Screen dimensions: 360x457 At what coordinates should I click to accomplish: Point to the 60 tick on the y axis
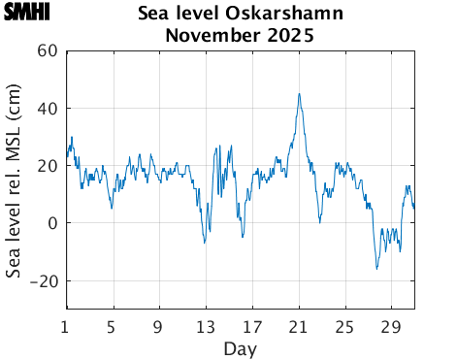pyautogui.click(x=47, y=51)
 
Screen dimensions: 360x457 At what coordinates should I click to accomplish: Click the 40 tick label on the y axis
pyautogui.click(x=47, y=109)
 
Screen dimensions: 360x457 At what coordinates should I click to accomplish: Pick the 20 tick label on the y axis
pyautogui.click(x=47, y=166)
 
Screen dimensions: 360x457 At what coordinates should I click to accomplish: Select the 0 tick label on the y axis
pyautogui.click(x=51, y=223)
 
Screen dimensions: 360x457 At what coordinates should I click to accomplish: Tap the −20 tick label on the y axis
pyautogui.click(x=42, y=280)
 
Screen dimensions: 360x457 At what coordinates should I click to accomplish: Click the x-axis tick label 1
pyautogui.click(x=66, y=325)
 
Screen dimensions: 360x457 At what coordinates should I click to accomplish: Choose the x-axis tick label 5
pyautogui.click(x=113, y=325)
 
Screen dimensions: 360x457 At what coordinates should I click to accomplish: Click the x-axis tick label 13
pyautogui.click(x=206, y=325)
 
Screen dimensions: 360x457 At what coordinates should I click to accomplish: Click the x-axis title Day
pyautogui.click(x=240, y=347)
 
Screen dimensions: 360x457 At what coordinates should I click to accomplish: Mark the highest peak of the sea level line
pyautogui.click(x=299, y=94)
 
